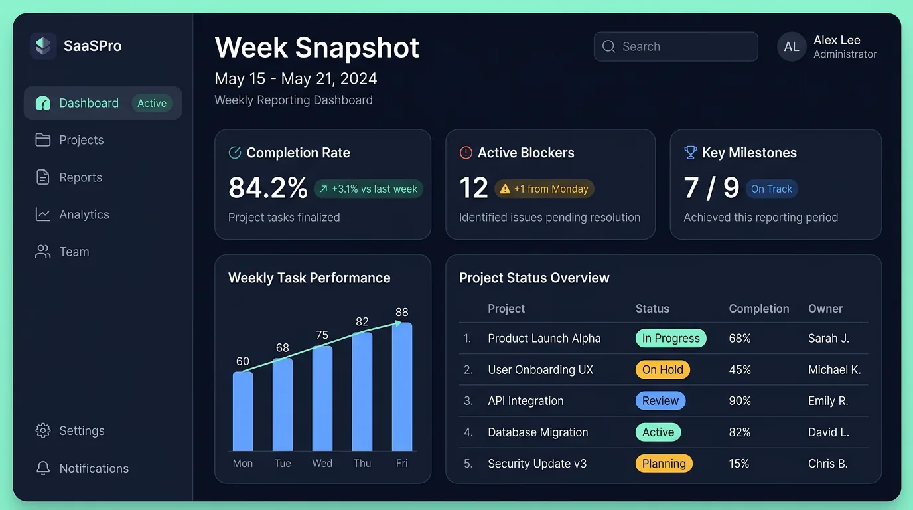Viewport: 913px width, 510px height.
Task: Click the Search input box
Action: click(x=675, y=46)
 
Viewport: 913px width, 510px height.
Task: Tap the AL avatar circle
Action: click(x=792, y=47)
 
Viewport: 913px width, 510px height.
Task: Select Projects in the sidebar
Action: click(x=81, y=140)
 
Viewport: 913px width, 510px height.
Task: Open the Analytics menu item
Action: click(x=84, y=214)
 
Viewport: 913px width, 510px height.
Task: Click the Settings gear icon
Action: click(x=43, y=430)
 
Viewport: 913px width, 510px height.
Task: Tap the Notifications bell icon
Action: click(x=43, y=468)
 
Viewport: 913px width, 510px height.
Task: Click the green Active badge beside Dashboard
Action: click(x=152, y=103)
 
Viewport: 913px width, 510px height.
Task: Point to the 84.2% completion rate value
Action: click(x=267, y=188)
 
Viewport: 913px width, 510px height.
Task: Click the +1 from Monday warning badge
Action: click(x=544, y=189)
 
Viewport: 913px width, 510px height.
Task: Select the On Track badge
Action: click(x=771, y=189)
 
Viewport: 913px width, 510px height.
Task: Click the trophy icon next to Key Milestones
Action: click(x=690, y=153)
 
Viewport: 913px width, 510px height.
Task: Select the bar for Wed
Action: click(x=322, y=398)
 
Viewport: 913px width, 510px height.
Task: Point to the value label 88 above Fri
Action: click(x=401, y=312)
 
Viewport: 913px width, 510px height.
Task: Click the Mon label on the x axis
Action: click(x=243, y=463)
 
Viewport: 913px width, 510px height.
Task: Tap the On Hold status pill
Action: click(x=662, y=370)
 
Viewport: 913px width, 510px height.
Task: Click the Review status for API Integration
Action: click(x=660, y=401)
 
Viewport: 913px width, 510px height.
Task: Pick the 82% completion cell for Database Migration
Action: click(x=740, y=432)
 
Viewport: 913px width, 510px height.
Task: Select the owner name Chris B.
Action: click(x=827, y=464)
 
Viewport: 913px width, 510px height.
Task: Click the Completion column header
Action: click(x=758, y=309)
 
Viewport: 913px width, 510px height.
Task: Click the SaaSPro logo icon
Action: click(x=43, y=46)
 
